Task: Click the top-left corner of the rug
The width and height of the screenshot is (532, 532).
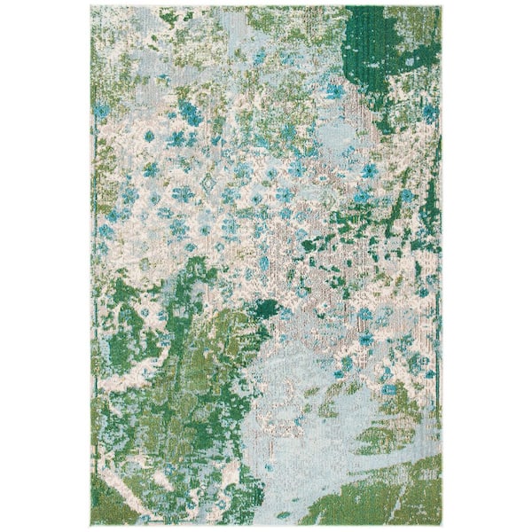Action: click(91, 7)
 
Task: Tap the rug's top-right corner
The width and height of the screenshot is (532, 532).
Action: click(441, 7)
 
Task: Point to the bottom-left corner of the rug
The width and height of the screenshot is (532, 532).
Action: click(91, 524)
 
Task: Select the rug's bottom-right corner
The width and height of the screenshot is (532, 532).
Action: click(441, 524)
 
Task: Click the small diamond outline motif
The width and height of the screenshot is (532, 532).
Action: click(210, 184)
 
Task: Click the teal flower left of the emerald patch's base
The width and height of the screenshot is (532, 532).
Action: click(334, 90)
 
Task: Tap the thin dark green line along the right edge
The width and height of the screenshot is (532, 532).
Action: click(438, 266)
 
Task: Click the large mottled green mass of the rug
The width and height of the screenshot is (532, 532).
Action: click(168, 399)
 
